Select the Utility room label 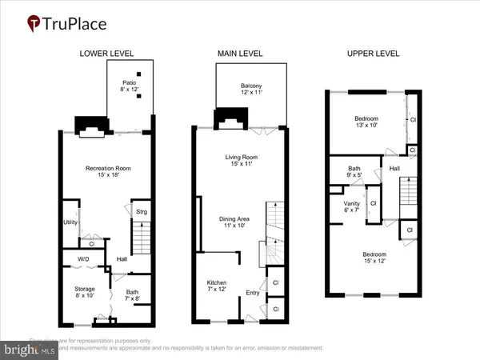coord(70,223)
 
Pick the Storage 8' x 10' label coord(85,292)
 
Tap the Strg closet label coord(141,212)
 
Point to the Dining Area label coord(236,222)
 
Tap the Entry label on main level coord(253,293)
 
